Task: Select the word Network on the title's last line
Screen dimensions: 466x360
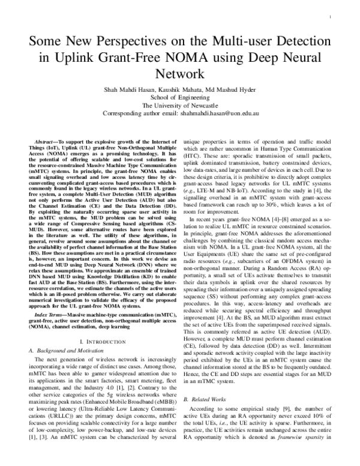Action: coord(180,74)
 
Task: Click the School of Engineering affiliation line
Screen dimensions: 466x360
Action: coord(180,97)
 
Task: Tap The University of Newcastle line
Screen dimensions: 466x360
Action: coord(180,104)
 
